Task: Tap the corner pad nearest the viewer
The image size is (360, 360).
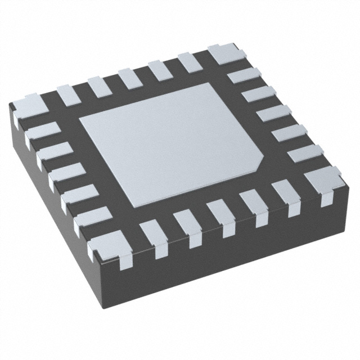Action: click(110, 247)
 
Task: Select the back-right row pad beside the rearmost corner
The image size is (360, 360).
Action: click(246, 76)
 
